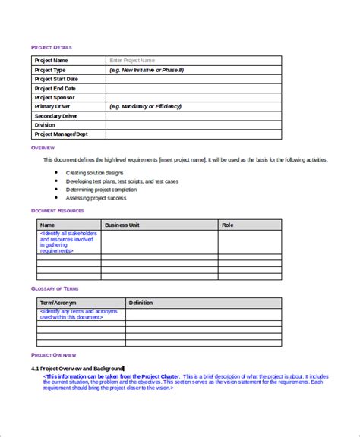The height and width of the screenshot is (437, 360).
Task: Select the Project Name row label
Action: [52, 60]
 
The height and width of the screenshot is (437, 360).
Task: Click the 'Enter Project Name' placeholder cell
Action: [132, 60]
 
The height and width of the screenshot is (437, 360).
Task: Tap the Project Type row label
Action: [51, 69]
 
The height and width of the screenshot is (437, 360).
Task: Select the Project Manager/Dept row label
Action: [63, 134]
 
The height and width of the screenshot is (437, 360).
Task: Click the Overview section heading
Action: [43, 147]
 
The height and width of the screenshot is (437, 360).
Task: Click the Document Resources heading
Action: [58, 210]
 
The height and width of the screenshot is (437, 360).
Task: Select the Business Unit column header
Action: [122, 225]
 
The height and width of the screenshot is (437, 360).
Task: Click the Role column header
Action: [227, 225]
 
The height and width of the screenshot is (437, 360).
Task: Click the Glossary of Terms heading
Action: [55, 288]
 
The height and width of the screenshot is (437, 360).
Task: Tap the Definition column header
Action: [141, 303]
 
